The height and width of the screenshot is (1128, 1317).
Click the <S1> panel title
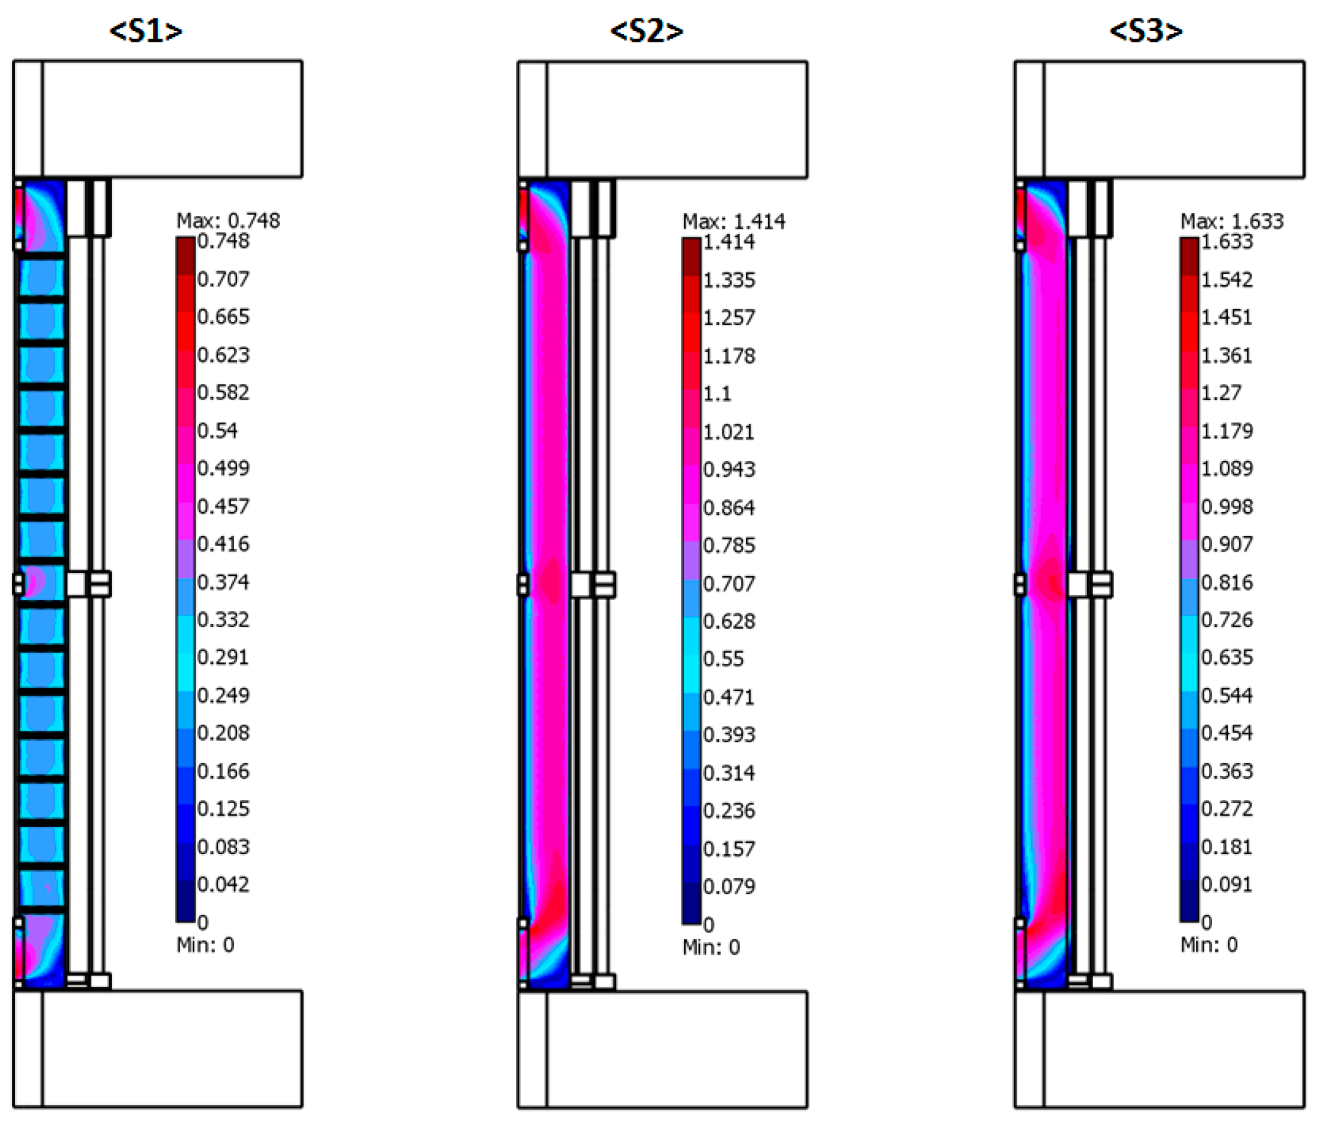pos(146,31)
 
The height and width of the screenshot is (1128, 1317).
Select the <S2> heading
pos(646,31)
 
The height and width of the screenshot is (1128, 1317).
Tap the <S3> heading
pos(1146,31)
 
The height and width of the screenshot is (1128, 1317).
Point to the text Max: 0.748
pos(228,221)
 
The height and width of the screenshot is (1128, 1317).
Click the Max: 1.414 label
pos(734,221)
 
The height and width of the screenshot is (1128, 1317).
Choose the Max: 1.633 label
pos(1232,221)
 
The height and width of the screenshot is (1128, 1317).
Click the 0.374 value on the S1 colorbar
pos(223,582)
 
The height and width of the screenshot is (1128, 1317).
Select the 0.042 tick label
pos(223,884)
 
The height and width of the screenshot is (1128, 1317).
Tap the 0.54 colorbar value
pos(217,431)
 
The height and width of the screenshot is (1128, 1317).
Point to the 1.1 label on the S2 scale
pos(718,394)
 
